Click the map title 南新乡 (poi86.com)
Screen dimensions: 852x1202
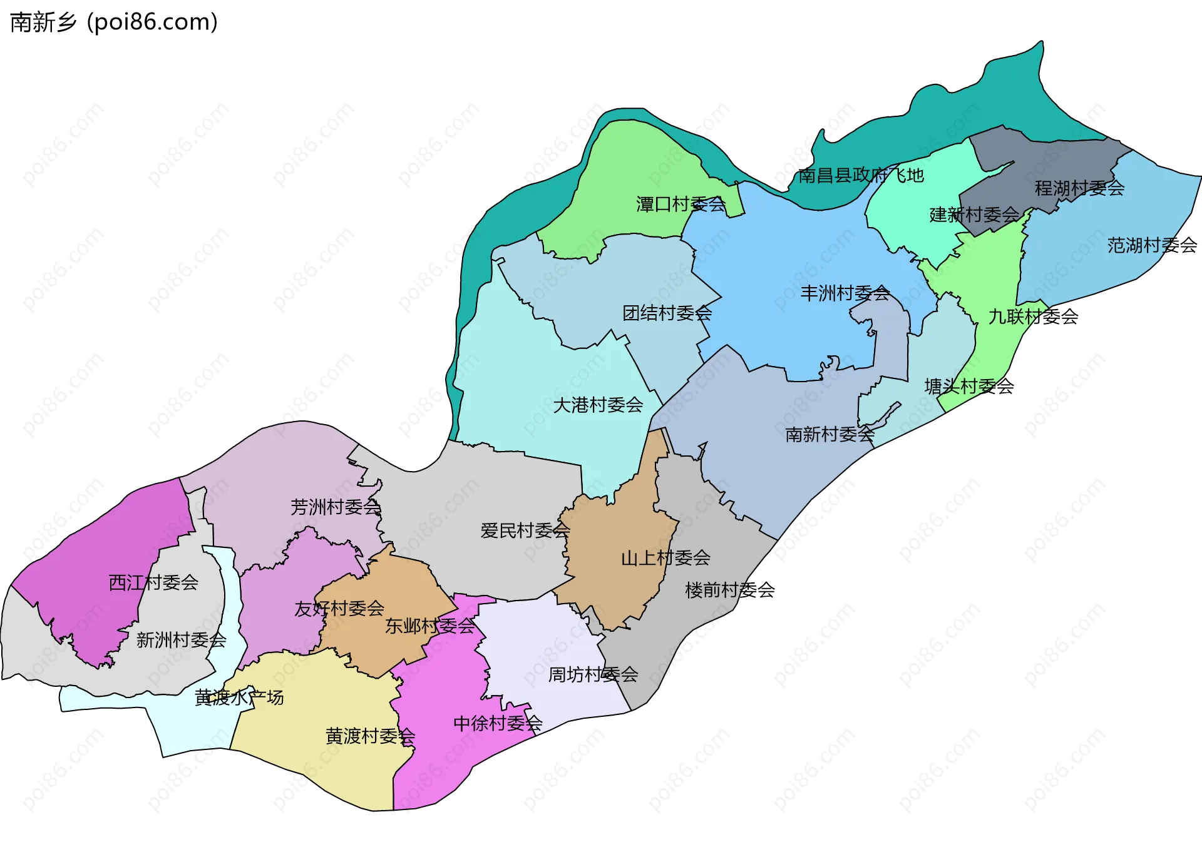tap(114, 22)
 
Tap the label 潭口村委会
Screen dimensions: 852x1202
tap(681, 205)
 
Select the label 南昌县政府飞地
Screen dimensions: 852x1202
tap(861, 176)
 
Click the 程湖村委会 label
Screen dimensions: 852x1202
tap(1079, 188)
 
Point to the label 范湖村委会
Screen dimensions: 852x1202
tap(1152, 245)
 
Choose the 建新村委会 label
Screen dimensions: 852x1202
tap(974, 215)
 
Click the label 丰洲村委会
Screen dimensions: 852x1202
tap(845, 293)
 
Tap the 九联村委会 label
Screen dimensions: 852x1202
tap(1033, 317)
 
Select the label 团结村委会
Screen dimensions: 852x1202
tap(667, 313)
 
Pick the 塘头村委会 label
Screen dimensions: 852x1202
tap(969, 387)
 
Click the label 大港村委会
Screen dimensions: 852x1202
tap(598, 405)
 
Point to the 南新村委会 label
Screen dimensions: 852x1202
tap(830, 434)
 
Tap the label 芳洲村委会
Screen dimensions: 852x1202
tap(336, 507)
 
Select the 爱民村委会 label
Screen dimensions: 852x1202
tap(525, 531)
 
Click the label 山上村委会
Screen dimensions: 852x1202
tap(665, 558)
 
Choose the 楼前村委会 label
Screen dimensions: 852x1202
tap(730, 590)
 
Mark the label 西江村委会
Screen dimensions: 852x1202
tap(153, 583)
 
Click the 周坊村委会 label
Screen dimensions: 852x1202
tap(593, 674)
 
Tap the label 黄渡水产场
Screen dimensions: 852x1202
tap(239, 697)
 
